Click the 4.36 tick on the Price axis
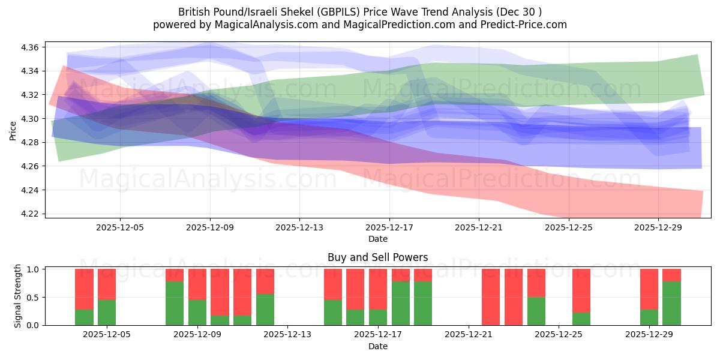coord(31,47)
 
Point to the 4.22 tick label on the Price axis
coord(31,214)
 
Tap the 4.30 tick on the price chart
coord(31,119)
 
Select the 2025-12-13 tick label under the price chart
coord(299,227)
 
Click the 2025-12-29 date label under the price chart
coord(658,227)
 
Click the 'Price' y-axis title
coord(13,130)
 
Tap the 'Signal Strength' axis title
coord(18,296)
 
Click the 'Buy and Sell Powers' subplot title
coord(377,257)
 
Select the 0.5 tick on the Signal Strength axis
coord(33,297)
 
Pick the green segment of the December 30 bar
coord(671,303)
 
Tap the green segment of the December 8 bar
coord(175,303)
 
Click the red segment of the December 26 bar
coord(581,290)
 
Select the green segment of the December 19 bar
coord(423,303)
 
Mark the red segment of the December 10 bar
coord(220,292)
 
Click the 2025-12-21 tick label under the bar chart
coord(468,335)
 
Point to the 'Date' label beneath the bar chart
coord(377,346)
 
